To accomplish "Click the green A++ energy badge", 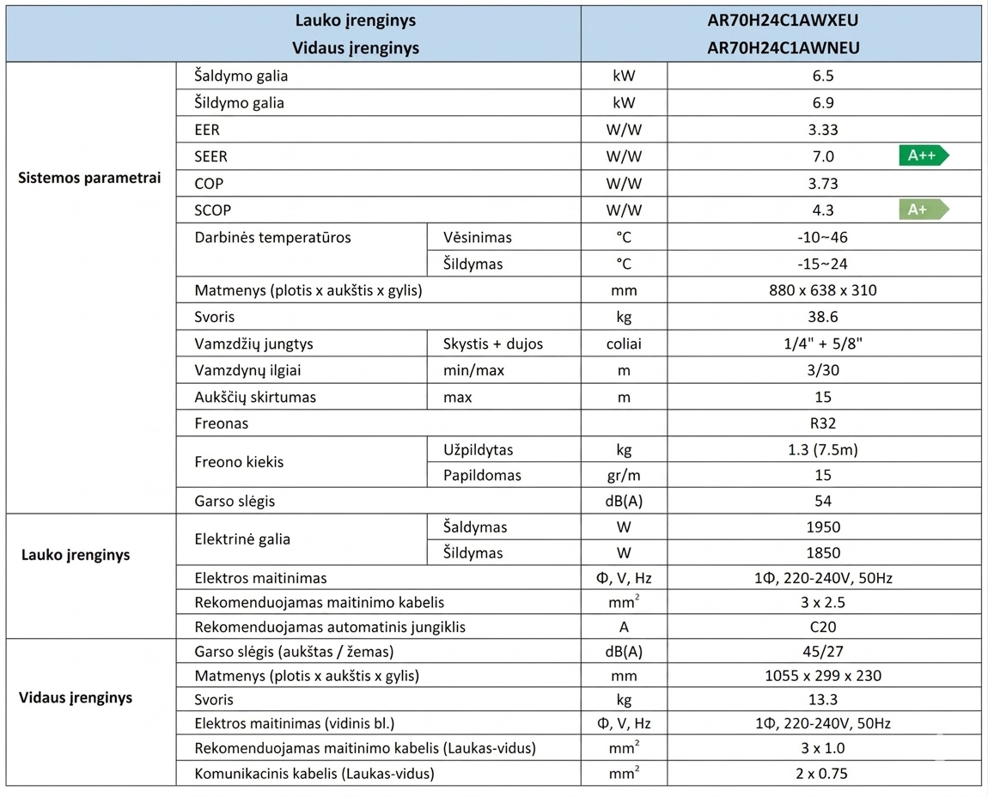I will [x=924, y=155].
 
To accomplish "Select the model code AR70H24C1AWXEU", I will [x=781, y=20].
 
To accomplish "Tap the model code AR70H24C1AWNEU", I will [x=781, y=48].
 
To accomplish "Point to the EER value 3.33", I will [x=823, y=130].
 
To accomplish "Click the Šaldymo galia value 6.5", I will [x=823, y=76].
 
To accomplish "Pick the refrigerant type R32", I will [x=823, y=423].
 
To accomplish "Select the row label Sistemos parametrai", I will [x=89, y=179].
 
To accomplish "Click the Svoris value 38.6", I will [x=823, y=317].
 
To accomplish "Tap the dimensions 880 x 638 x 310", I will [x=823, y=290].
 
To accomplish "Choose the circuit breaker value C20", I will [x=823, y=627].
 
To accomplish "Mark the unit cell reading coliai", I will [x=624, y=344].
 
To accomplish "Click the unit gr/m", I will [x=624, y=475].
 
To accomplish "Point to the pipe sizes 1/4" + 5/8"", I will [x=823, y=344].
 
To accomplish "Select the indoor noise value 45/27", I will [x=823, y=651].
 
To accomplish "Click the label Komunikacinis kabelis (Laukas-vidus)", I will [x=314, y=773].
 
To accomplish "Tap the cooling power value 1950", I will [x=823, y=526].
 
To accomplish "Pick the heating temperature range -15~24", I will [x=823, y=264].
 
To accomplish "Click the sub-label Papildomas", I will [x=482, y=475].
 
